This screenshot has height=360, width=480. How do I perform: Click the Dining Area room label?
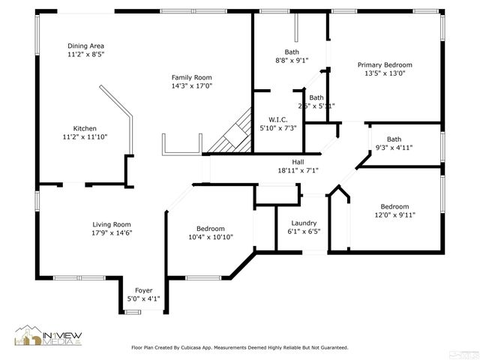[85, 46]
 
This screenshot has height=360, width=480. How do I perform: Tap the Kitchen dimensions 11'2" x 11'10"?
[85, 136]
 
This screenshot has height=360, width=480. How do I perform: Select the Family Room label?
[191, 77]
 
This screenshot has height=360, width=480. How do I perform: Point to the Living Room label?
[112, 224]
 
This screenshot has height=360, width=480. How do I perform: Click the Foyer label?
[143, 290]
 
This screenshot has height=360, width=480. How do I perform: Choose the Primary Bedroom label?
[384, 64]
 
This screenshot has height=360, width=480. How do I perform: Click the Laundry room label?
[304, 223]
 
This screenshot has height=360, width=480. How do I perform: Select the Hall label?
[298, 161]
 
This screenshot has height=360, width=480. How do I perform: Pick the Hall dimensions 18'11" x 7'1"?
[298, 170]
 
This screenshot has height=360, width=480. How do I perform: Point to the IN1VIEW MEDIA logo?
[49, 337]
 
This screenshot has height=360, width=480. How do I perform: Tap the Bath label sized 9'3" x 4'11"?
[394, 139]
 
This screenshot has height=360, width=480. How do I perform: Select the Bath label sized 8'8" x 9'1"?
[291, 52]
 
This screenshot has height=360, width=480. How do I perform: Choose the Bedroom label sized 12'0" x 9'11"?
[394, 206]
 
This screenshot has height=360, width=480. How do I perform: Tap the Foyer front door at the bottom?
[132, 309]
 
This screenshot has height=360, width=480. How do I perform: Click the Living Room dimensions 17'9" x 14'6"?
[112, 233]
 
